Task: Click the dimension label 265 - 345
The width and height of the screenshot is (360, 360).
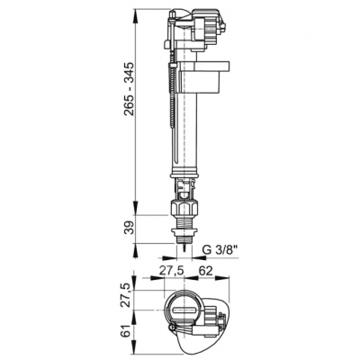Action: (130, 89)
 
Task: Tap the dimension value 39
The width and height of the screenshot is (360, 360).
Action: (130, 229)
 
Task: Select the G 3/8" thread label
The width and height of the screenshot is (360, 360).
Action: (220, 250)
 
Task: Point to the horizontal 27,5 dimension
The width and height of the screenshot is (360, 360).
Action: (171, 270)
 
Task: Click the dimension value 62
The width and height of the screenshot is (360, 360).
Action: (205, 270)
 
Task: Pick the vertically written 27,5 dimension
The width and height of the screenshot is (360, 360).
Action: (130, 295)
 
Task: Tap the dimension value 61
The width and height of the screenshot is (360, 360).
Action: (130, 330)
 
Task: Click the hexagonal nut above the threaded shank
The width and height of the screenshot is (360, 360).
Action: (184, 208)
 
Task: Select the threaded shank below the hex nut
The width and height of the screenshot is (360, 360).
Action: (184, 222)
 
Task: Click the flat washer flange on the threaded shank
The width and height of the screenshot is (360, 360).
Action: (184, 231)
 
